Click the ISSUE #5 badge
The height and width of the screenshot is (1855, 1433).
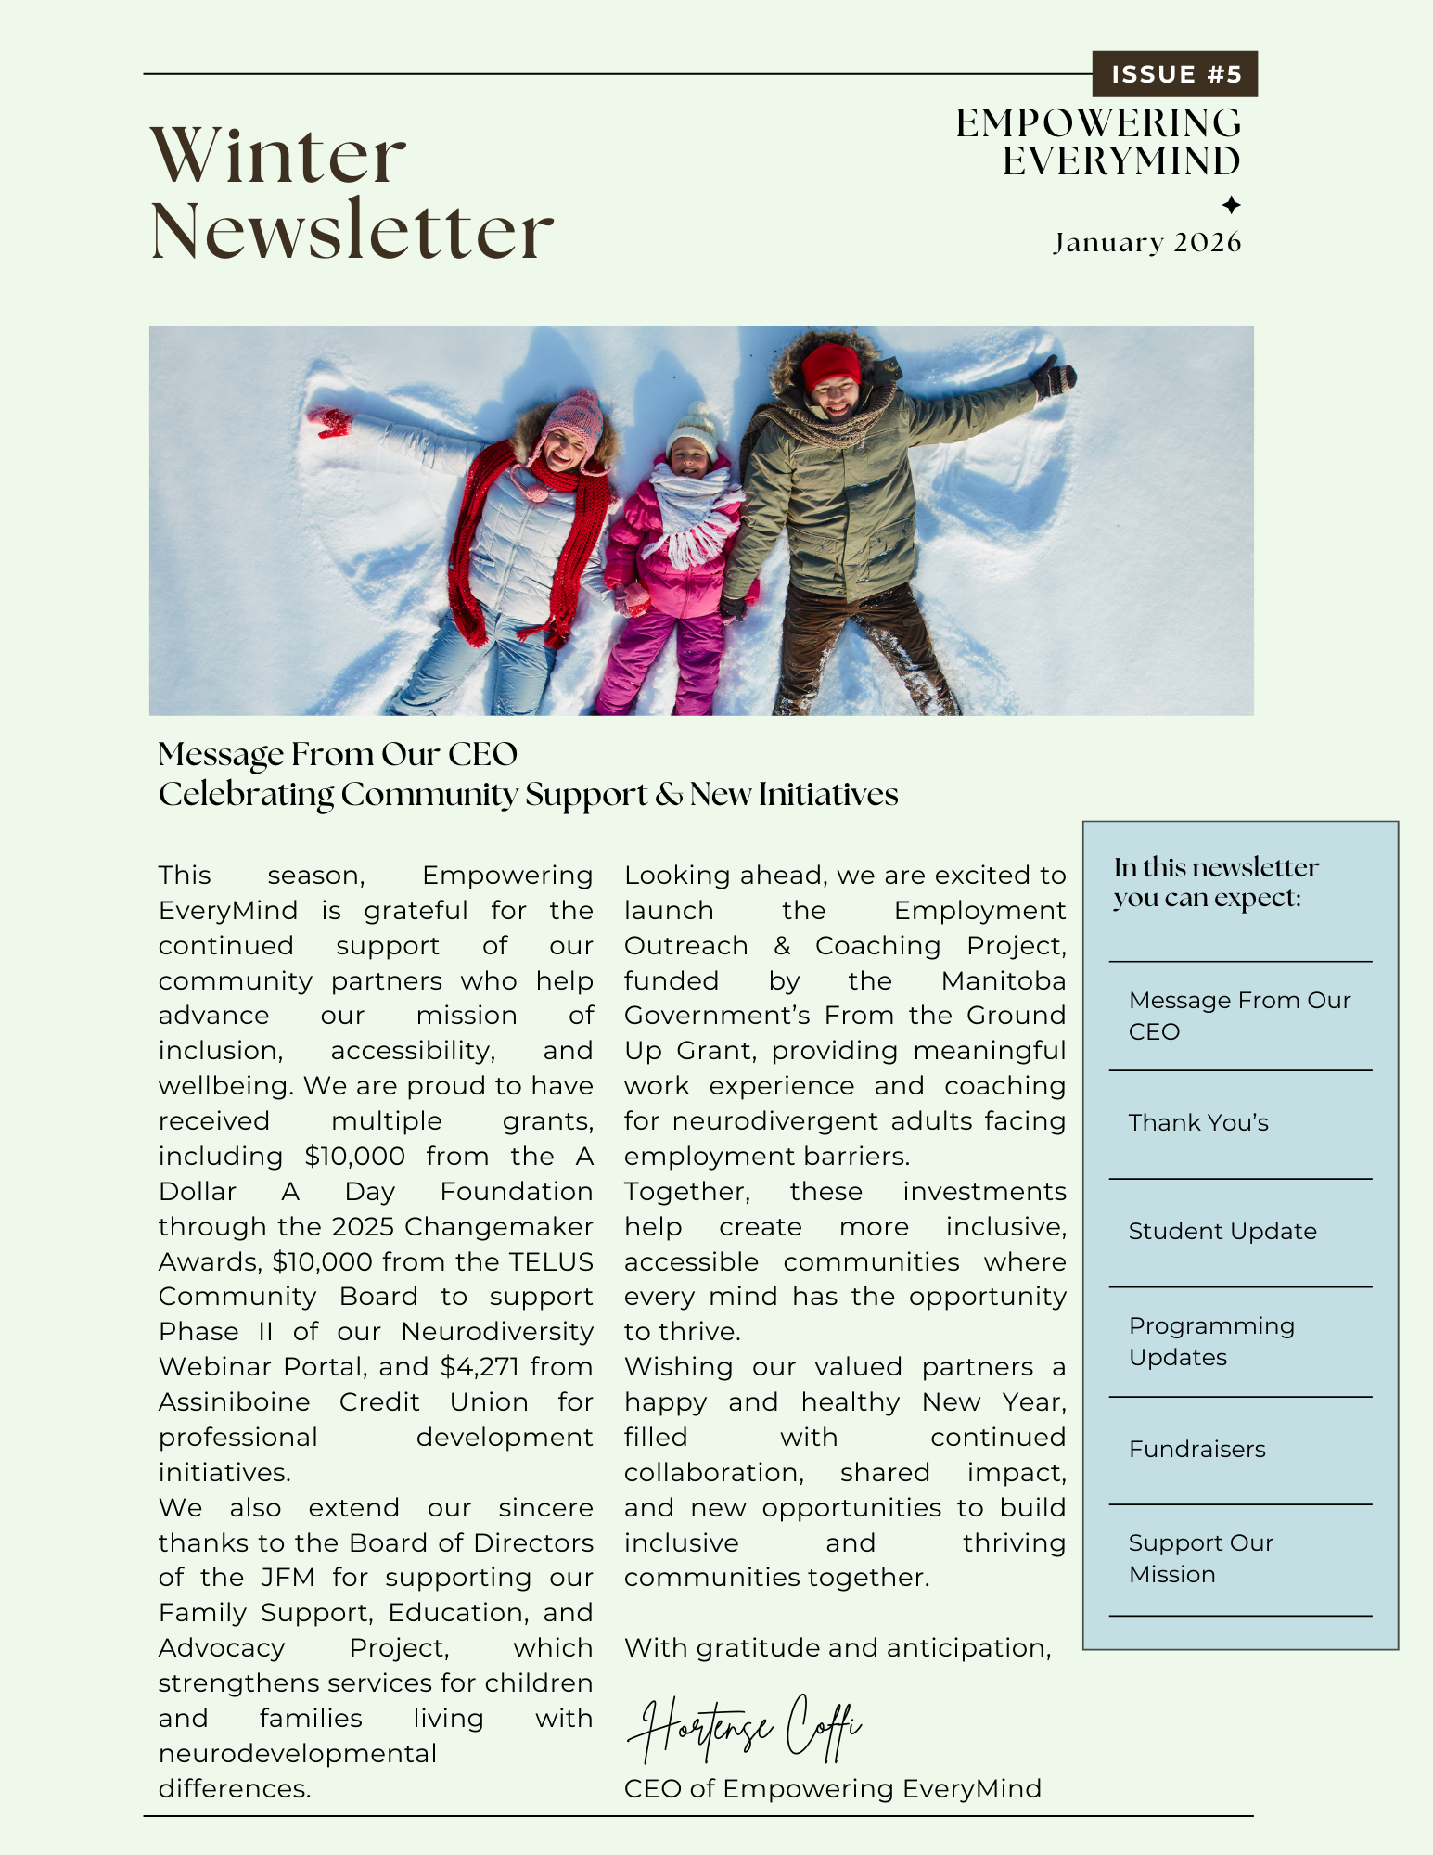coord(1175,74)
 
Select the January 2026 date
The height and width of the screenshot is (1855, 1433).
coord(1146,243)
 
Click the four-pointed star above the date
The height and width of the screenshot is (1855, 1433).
coord(1231,205)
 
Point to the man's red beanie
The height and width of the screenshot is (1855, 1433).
coord(831,364)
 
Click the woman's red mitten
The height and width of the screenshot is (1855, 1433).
coord(331,421)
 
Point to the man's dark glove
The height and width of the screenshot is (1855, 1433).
coord(1054,377)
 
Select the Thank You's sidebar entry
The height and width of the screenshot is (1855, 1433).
coord(1198,1123)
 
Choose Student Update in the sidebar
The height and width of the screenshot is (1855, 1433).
coord(1222,1232)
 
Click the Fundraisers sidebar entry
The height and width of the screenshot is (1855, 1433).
coord(1196,1450)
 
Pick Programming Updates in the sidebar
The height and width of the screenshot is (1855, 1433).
coord(1211,1341)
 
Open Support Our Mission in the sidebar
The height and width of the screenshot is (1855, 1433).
coord(1200,1558)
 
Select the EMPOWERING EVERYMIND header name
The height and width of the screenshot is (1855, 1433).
coord(1099,142)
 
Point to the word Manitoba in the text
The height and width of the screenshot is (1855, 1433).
coord(1004,981)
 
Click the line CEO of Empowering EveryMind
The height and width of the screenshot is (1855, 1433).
coord(832,1789)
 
